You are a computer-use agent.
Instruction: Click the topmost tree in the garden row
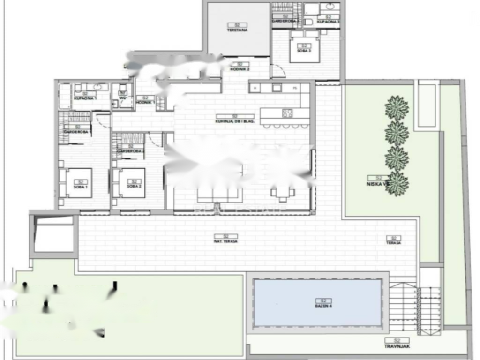click(x=397, y=108)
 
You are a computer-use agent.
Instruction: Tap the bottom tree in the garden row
click(x=397, y=183)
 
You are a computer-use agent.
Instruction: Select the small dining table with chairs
click(x=282, y=192)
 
